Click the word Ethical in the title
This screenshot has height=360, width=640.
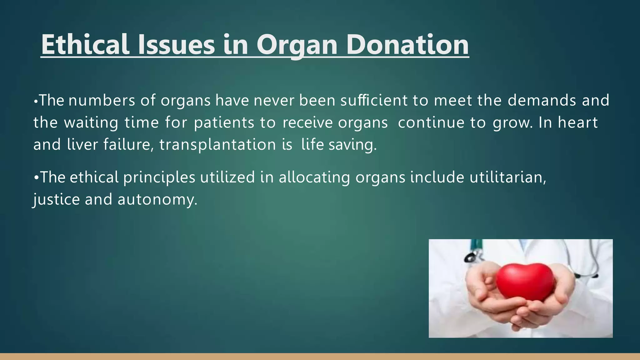point(85,44)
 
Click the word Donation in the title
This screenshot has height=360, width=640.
point(407,44)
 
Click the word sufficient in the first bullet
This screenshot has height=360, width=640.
point(374,100)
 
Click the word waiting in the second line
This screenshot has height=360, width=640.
point(91,122)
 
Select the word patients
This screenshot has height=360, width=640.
point(224,122)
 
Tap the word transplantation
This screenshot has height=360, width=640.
point(217,145)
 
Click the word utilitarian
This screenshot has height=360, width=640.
point(508,177)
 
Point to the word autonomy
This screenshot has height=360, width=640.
point(157,200)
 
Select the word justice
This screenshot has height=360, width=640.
point(57,200)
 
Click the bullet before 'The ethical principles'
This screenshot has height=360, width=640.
point(36,177)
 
